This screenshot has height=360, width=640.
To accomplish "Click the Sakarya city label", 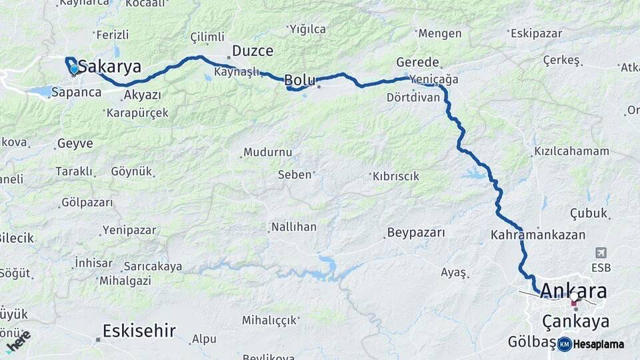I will click(x=110, y=67).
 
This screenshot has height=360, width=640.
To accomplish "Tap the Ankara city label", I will click(x=574, y=291).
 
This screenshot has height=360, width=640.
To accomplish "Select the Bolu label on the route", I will click(x=300, y=80).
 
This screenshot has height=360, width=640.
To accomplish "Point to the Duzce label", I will click(x=253, y=51).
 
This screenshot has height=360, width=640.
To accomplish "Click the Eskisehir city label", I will click(x=139, y=330).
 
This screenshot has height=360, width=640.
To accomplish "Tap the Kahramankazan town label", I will click(x=538, y=235).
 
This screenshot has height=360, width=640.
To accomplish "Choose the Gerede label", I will click(x=417, y=62).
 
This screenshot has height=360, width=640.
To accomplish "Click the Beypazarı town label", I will click(x=415, y=233).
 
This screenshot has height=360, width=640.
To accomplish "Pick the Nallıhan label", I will click(x=293, y=227).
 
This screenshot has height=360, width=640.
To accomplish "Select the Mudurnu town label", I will click(x=267, y=152).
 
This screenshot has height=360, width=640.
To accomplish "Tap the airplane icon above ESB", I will click(x=601, y=253).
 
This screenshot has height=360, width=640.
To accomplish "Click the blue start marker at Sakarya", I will click(x=74, y=69).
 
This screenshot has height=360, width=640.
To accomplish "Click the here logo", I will click(x=18, y=341).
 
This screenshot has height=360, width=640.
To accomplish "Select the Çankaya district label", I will click(x=575, y=322).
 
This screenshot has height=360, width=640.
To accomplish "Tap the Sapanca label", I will click(x=76, y=92).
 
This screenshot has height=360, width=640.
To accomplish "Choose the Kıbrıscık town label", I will click(x=395, y=176).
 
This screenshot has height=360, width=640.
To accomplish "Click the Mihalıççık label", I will click(x=269, y=321).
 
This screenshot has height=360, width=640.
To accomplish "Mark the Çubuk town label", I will click(x=589, y=213).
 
